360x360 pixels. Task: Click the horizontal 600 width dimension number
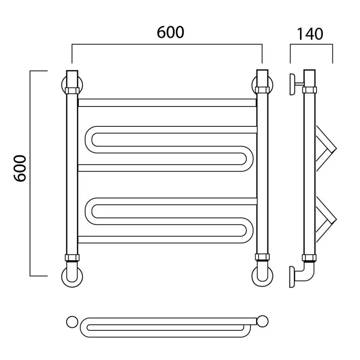coord(170,32)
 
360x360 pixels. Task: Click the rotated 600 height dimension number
coord(20,168)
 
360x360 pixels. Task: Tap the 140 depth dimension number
coord(310,34)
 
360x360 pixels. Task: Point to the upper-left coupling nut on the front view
coord(72,91)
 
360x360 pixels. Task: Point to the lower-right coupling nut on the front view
coord(262,257)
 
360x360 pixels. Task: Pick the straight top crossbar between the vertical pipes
coord(167,103)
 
